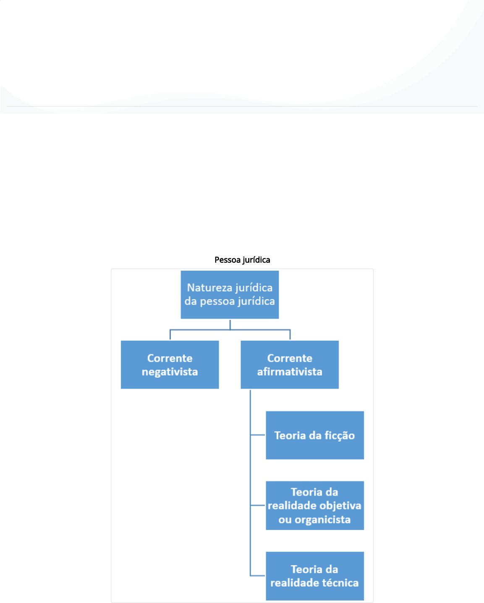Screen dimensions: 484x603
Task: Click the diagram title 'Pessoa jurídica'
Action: coord(242,260)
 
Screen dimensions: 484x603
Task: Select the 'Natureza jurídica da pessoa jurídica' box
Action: coord(230,295)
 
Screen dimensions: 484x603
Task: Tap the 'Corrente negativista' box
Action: coord(170,365)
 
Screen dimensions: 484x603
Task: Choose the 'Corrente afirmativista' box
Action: coord(290,365)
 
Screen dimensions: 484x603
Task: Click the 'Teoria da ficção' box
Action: coord(315,435)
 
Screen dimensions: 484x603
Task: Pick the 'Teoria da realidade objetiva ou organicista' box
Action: coord(315,506)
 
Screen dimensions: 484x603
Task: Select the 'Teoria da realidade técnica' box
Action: coord(315,576)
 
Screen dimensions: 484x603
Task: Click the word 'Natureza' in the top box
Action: coord(209,288)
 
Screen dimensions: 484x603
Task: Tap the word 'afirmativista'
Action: coord(290,372)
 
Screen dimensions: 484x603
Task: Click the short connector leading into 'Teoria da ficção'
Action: coord(258,435)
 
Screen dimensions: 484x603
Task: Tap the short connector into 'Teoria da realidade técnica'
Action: coord(258,576)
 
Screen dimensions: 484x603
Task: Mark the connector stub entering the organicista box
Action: coord(258,505)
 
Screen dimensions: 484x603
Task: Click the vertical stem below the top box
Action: coord(230,325)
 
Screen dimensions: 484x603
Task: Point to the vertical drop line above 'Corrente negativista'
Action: coord(170,334)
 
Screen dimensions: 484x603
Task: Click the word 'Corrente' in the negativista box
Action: coord(170,358)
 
